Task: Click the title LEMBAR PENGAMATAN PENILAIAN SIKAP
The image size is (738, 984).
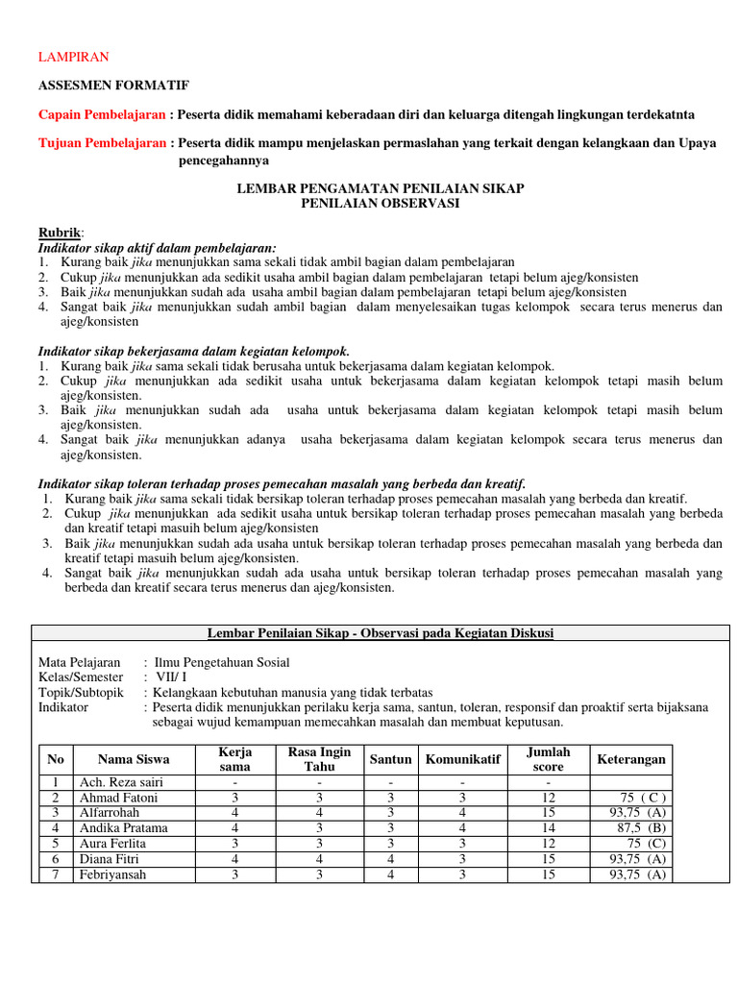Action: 381,188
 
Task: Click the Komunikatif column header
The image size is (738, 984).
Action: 462,759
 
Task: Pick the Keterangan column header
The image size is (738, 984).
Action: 630,759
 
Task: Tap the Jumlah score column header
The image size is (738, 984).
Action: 549,759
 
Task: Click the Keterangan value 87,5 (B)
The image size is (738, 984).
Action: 644,827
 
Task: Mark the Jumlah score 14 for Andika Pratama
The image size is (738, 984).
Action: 549,827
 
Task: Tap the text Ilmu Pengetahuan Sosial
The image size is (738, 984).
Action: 222,662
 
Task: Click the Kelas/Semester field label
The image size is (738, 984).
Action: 81,677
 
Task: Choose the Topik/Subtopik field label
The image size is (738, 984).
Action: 81,692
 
